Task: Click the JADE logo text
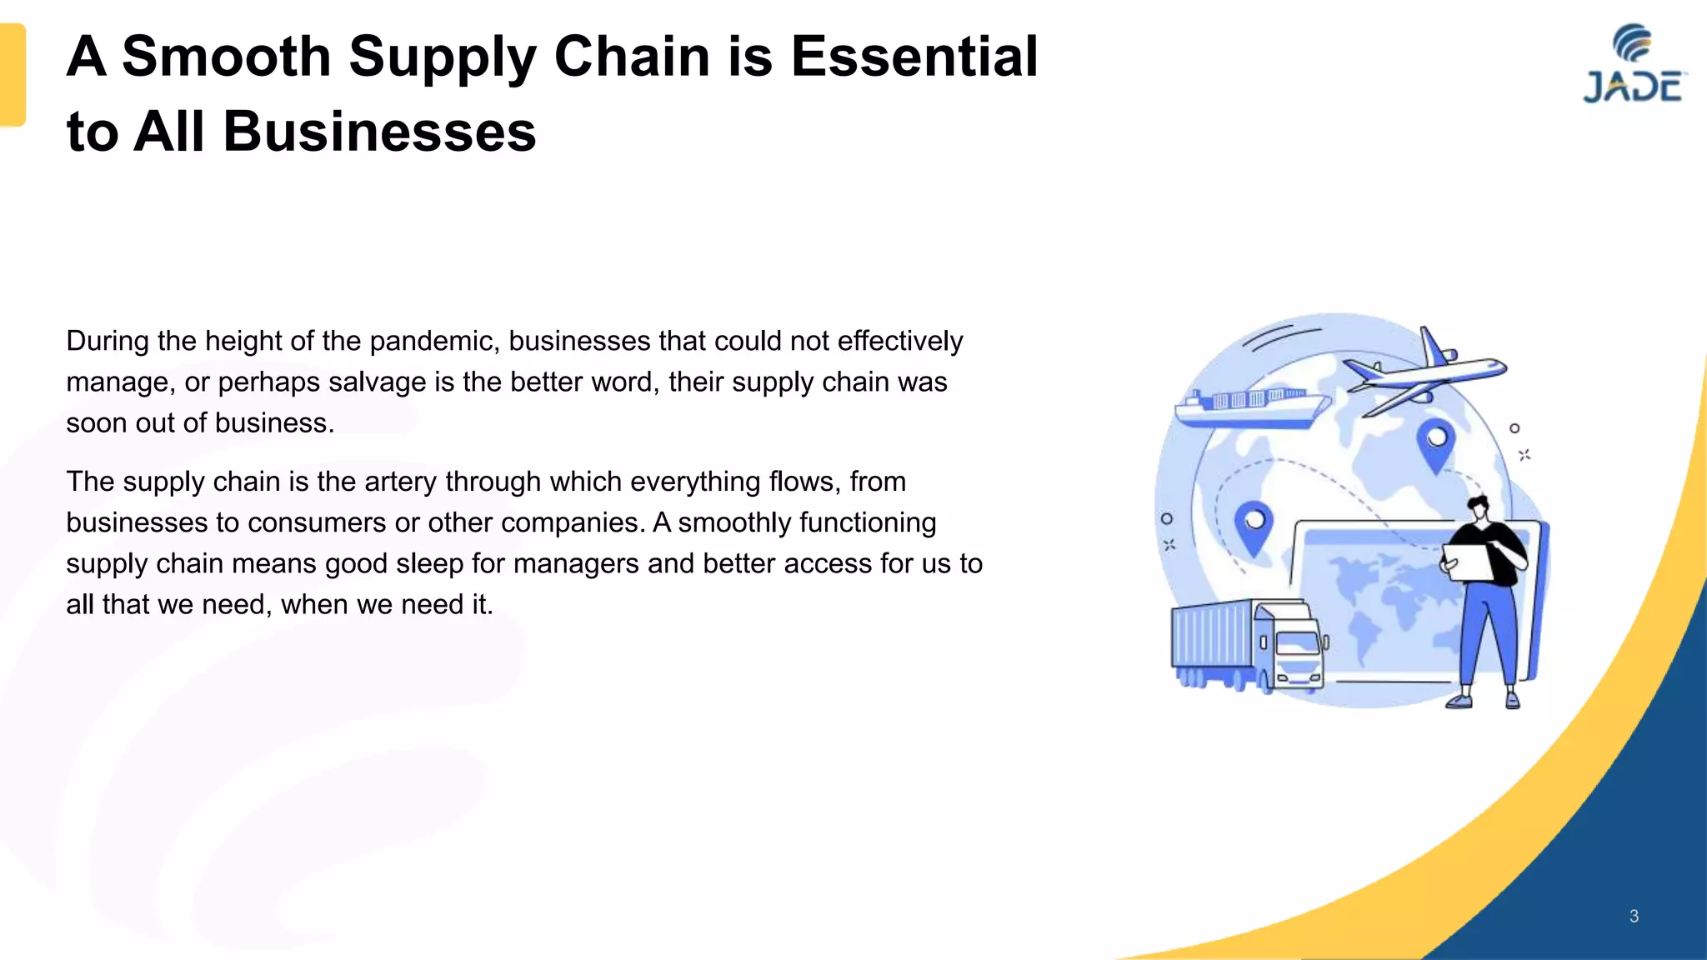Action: [1633, 87]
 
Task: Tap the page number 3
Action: [1634, 916]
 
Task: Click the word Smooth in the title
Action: [226, 57]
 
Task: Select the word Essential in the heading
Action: [914, 57]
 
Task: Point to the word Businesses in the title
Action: [379, 132]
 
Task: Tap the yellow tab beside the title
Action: [13, 75]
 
